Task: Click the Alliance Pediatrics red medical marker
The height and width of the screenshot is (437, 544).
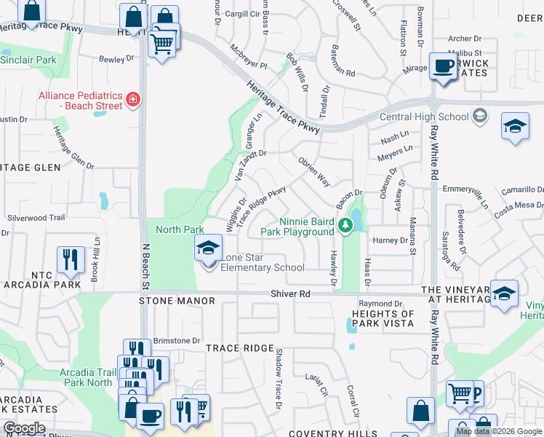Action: pos(133,99)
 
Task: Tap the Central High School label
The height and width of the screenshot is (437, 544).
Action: pos(423,117)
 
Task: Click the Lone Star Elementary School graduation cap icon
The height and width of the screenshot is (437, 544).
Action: pos(208,248)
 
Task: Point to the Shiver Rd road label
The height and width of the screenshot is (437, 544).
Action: pos(290,294)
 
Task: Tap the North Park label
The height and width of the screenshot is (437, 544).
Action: pos(180,229)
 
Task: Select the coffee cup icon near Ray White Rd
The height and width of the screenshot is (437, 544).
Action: pos(441,66)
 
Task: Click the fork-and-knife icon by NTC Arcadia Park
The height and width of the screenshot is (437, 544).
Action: pos(71,259)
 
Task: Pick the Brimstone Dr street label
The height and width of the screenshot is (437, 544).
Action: pos(175,340)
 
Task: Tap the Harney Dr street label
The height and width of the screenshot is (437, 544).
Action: pos(391,240)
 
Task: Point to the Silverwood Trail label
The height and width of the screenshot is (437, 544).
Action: pos(36,218)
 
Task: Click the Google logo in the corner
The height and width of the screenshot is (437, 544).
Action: pos(24,428)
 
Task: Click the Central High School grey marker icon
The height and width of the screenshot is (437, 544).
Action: pos(479,115)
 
